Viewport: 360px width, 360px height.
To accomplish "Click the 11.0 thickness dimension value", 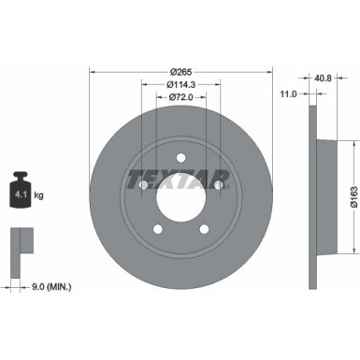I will [290, 94].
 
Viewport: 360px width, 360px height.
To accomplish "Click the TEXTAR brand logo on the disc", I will [180, 177].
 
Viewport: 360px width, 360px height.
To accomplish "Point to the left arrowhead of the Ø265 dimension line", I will [93, 71].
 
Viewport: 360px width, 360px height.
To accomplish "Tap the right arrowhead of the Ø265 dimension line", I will [269, 71].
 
